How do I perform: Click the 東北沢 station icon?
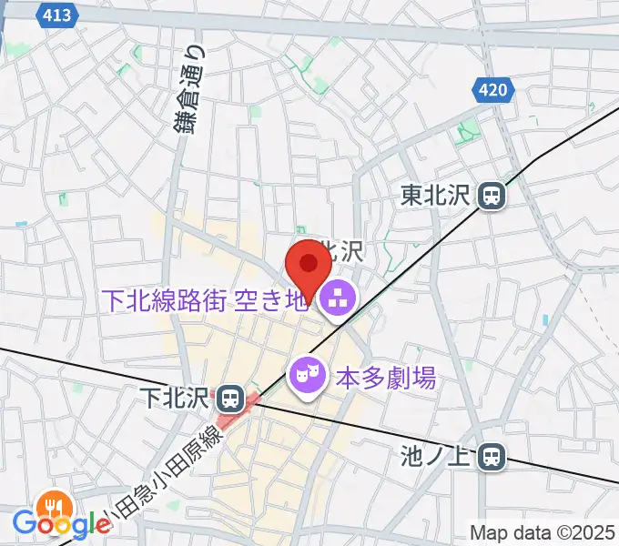click(x=492, y=195)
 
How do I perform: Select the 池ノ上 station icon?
click(x=492, y=457)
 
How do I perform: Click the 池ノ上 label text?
click(x=439, y=457)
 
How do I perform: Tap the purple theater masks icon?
click(x=307, y=375)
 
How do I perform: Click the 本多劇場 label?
click(x=386, y=375)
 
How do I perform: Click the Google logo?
click(x=62, y=523)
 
